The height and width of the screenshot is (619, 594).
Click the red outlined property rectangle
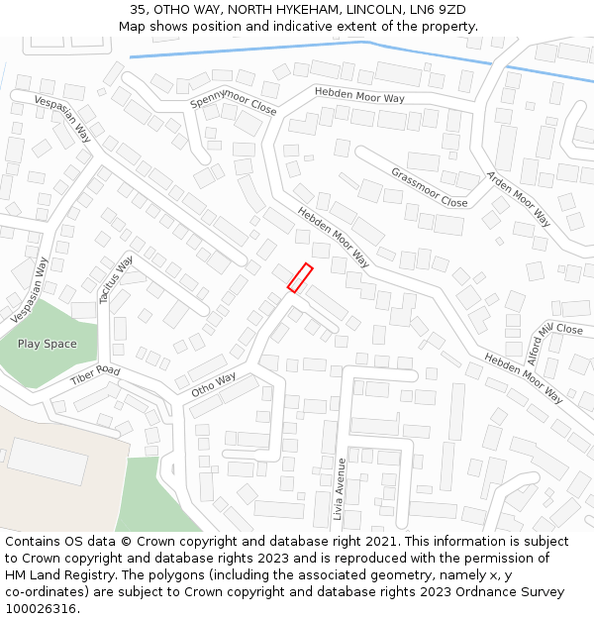(300, 277)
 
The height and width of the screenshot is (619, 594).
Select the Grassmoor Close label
(429, 187)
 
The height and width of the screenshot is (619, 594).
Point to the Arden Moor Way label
(518, 198)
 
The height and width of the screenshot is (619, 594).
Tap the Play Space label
(47, 344)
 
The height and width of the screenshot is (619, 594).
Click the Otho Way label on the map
(214, 383)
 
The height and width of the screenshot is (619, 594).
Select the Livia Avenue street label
(339, 489)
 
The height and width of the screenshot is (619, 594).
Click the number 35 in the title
(138, 10)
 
